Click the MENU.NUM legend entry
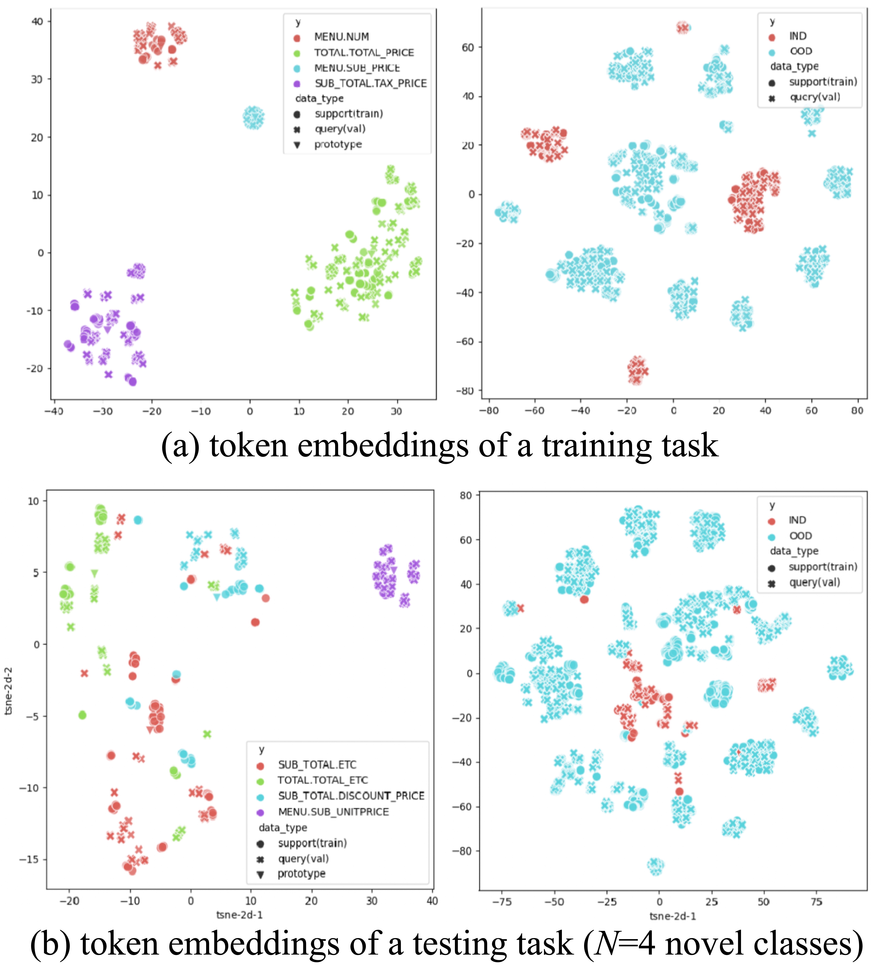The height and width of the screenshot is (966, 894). (341, 37)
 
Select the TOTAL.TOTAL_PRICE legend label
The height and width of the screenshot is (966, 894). (364, 52)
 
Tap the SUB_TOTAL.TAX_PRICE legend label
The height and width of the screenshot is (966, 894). (371, 83)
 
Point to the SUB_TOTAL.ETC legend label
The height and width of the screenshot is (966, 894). (317, 765)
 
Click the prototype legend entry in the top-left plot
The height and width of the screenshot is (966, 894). (338, 144)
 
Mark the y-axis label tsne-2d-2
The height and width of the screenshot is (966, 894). (8, 691)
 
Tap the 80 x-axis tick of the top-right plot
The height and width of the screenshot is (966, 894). (857, 410)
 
